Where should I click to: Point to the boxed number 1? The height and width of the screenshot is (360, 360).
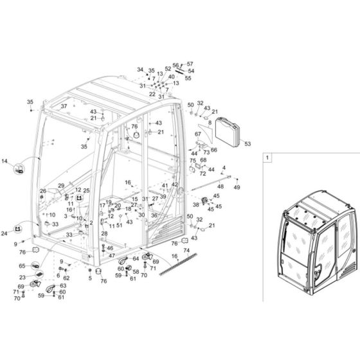point(268,156)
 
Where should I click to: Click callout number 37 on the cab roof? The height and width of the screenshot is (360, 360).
point(64,106)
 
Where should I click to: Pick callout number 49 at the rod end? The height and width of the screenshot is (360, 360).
point(237,187)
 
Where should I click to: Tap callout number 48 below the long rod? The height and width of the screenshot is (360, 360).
point(221,186)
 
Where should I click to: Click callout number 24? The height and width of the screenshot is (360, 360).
point(5,233)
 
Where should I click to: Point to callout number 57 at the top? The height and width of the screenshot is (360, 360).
point(190,64)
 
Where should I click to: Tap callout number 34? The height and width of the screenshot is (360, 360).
point(140,69)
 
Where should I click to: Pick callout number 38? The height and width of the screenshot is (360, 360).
point(196,204)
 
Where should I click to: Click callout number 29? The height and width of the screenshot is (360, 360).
point(62,185)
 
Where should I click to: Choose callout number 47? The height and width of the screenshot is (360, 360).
point(111,256)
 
